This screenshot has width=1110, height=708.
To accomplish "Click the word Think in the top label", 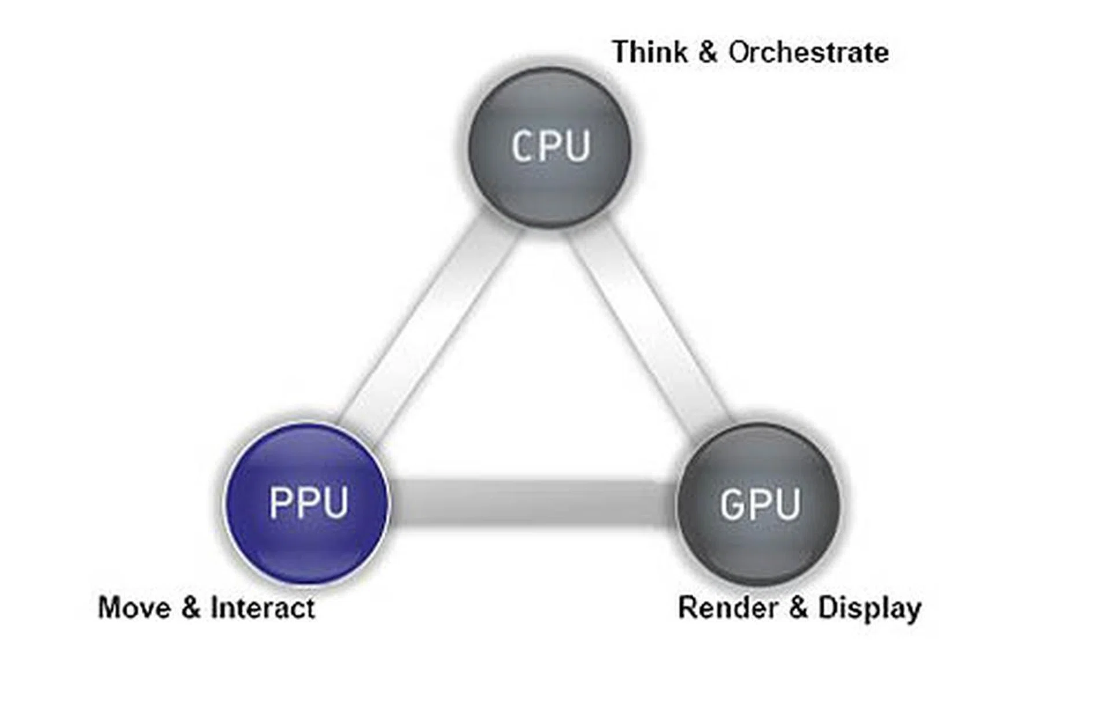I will coord(650,52).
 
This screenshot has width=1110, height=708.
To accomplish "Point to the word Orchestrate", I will coord(808,52).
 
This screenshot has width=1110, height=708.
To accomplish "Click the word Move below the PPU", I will coord(134,608).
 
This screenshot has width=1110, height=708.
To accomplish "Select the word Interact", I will coord(263,608).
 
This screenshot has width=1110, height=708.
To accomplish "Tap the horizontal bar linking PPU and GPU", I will coord(532,502).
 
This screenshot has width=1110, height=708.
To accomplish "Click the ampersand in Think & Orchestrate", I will coord(708,52).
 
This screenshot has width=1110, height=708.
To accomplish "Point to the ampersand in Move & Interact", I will coord(190,608).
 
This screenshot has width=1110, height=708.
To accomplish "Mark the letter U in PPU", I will coord(335,502).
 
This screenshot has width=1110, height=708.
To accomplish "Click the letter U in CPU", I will coord(577,146).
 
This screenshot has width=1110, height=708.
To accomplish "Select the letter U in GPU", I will coord(787,504).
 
